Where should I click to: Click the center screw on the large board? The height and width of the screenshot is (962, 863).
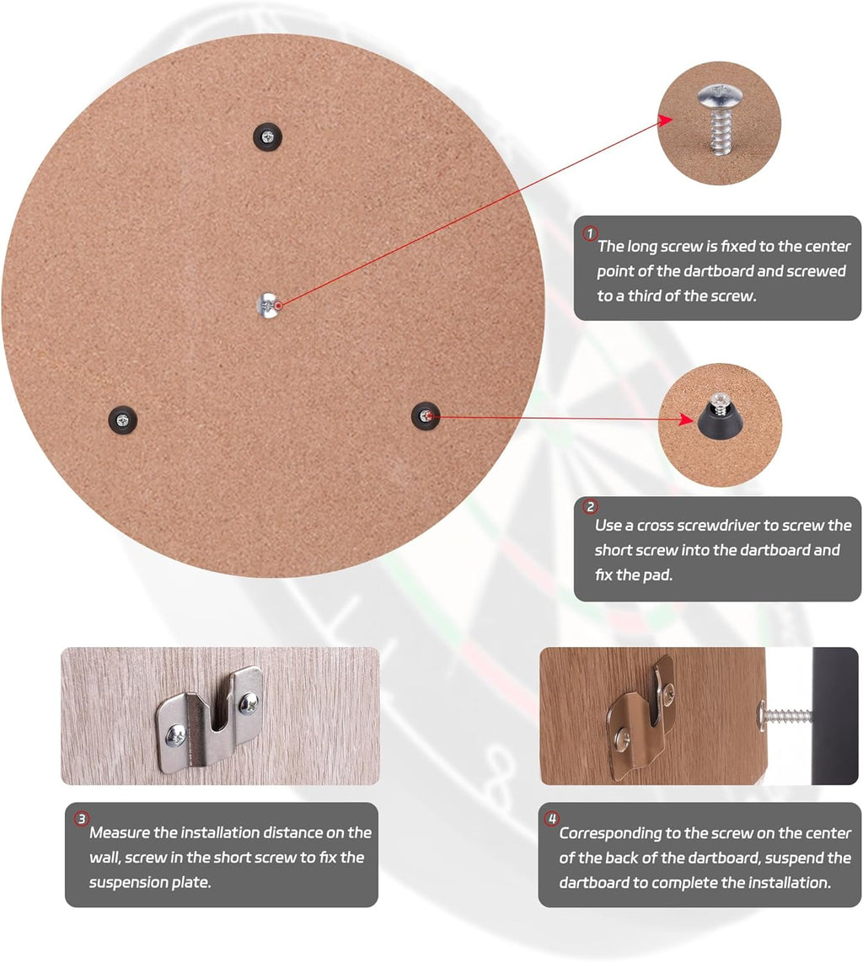[268, 305]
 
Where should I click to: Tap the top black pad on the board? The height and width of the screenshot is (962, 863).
[268, 136]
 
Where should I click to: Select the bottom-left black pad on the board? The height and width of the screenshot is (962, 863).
[123, 420]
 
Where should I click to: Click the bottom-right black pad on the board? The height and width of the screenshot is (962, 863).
[426, 417]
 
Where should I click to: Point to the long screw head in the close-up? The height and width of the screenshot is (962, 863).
[720, 96]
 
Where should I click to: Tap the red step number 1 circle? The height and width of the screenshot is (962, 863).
[590, 233]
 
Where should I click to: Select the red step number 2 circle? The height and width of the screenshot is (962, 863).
[590, 507]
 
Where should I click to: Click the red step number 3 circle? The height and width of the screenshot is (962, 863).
[81, 819]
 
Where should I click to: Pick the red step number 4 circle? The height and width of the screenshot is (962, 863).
[551, 819]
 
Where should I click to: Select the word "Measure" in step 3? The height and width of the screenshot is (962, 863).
[120, 832]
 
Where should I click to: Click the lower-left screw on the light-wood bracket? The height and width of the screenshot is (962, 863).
[176, 735]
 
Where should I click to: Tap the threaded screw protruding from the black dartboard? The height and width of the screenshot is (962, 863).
[785, 715]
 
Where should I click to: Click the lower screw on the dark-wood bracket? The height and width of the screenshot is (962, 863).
[623, 737]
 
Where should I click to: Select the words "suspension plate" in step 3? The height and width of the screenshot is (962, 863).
[150, 882]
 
